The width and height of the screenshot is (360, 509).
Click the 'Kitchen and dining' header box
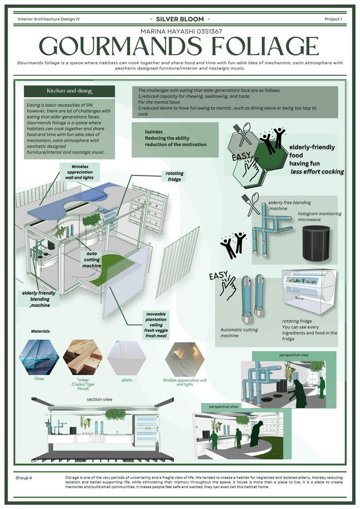(69, 91)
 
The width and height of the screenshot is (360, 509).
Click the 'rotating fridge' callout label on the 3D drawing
(173, 176)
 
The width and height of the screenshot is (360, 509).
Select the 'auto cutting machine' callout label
(92, 260)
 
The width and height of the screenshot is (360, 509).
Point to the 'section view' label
(100, 399)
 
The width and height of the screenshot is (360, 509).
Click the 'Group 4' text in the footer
(24, 478)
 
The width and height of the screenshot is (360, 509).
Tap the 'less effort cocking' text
(317, 171)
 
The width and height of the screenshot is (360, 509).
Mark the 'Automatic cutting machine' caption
(239, 333)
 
